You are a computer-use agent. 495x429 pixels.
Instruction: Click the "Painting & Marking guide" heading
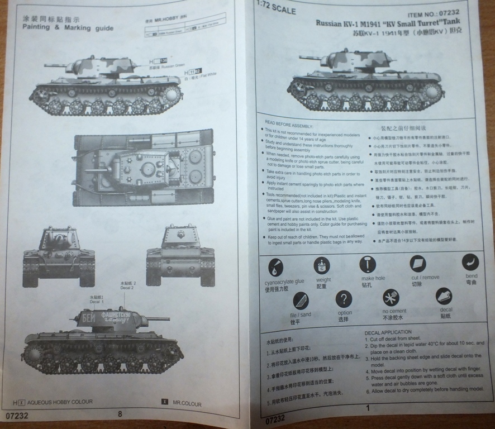(68, 28)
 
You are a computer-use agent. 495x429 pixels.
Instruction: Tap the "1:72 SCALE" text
(275, 10)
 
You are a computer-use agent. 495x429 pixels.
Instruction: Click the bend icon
(470, 262)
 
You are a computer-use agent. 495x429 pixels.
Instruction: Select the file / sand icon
(301, 301)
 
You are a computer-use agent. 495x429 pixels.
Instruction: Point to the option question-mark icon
(344, 299)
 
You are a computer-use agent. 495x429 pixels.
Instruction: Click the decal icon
(444, 296)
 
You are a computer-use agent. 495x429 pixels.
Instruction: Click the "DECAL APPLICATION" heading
(388, 332)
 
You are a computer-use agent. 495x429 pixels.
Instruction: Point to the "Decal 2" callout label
(128, 286)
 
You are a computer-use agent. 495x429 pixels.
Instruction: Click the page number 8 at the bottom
(120, 414)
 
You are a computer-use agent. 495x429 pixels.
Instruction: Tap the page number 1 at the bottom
(368, 408)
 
